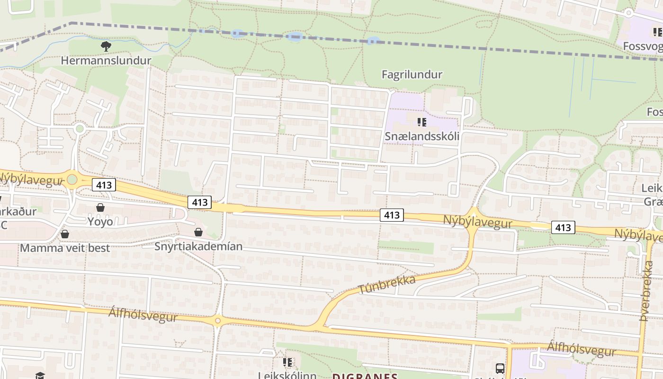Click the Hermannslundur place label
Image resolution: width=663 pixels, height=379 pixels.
[x=106, y=61]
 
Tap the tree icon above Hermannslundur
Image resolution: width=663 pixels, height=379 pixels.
[x=106, y=46]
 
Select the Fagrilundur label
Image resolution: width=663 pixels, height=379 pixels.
[x=412, y=74]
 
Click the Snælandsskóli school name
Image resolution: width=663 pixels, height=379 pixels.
[x=422, y=136]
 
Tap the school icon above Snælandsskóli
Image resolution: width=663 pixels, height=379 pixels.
[x=422, y=123]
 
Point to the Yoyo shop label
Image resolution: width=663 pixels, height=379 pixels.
[x=100, y=221]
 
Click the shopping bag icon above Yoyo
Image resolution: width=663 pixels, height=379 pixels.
[x=100, y=208]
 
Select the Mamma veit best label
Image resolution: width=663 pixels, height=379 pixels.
[x=65, y=248]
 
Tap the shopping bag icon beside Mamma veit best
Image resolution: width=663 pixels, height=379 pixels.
[x=65, y=234]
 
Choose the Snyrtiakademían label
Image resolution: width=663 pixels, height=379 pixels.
[x=198, y=246]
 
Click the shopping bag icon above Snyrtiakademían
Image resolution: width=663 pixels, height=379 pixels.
[x=198, y=232]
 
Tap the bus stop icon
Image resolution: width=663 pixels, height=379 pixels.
[x=500, y=368]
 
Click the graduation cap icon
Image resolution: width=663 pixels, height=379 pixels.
[x=40, y=376]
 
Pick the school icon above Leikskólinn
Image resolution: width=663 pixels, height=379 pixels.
[x=287, y=362]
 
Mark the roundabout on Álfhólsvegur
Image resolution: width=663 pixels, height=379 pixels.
[x=217, y=321]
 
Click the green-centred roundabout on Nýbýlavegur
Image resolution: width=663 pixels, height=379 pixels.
[x=72, y=180]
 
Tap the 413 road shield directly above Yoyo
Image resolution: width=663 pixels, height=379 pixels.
[x=104, y=185]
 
